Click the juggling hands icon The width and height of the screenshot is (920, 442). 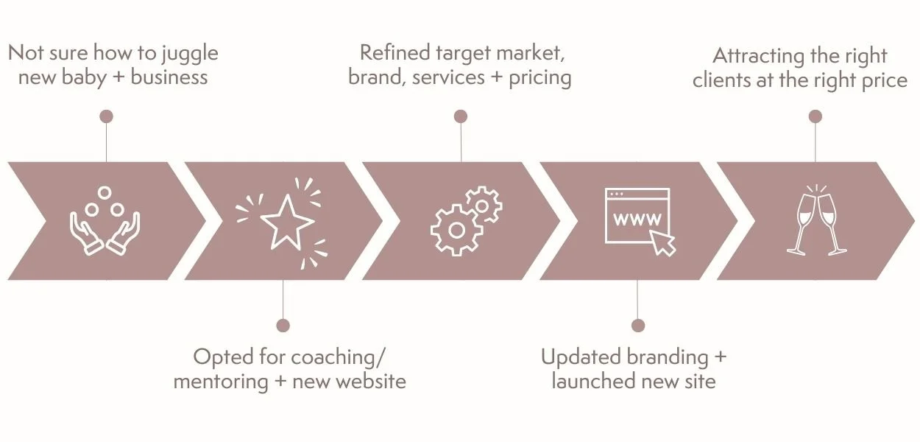[x=105, y=221]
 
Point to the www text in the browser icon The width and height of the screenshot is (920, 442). [x=637, y=219]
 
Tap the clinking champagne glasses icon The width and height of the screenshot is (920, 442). [x=815, y=220]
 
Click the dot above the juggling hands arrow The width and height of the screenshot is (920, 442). [x=106, y=116]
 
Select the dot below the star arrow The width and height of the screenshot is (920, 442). [x=283, y=326]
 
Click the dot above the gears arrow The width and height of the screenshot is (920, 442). [x=461, y=116]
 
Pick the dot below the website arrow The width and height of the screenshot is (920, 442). [x=638, y=326]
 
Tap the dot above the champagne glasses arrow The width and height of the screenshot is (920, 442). [x=815, y=116]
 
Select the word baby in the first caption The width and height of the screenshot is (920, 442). [x=82, y=77]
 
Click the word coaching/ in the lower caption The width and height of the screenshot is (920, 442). [x=338, y=357]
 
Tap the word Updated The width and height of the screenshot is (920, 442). [x=582, y=357]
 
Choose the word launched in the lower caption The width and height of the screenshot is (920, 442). [x=592, y=382]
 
